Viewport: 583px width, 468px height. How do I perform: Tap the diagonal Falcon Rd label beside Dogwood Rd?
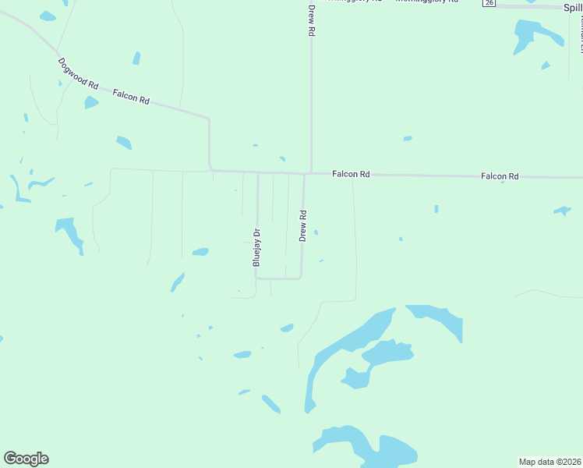coord(131,97)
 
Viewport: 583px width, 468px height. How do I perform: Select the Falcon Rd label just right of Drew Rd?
coord(351,174)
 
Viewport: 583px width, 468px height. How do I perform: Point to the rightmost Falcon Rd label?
coord(500,176)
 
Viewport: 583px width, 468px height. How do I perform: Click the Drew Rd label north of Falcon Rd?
coord(311,20)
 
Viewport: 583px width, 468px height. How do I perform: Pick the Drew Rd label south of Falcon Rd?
coord(302,225)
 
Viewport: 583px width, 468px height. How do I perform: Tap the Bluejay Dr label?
coord(256,247)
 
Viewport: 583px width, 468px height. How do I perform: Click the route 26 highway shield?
coord(489,3)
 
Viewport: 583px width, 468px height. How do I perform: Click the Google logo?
coord(26,459)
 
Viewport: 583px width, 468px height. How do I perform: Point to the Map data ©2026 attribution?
coord(549,462)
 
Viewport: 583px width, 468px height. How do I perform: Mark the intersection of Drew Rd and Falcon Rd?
coord(311,173)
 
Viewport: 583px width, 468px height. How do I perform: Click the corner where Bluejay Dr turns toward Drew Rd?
coord(257,278)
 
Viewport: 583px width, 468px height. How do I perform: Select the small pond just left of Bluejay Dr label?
coord(200,251)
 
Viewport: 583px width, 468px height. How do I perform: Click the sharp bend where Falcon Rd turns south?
coord(208,119)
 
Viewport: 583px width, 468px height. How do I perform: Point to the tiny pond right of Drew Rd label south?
coord(316,232)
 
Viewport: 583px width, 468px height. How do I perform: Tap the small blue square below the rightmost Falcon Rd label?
coord(436,208)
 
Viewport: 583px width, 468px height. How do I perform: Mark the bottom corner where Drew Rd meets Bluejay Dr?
coord(301,278)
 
